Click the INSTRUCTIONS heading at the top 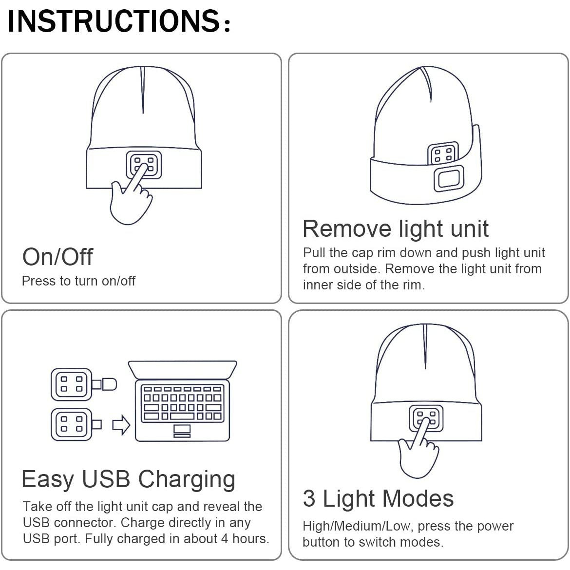tap(119, 21)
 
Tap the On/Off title tap(57, 257)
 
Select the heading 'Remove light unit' tap(396, 229)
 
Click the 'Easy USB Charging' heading tap(128, 479)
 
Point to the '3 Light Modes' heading tap(378, 498)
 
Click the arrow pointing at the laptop tap(121, 425)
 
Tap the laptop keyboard tap(183, 403)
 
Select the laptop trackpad tap(182, 431)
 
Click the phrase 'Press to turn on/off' tap(78, 281)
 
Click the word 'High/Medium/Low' tap(357, 526)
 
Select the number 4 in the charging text tap(225, 538)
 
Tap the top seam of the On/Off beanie tap(143, 90)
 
